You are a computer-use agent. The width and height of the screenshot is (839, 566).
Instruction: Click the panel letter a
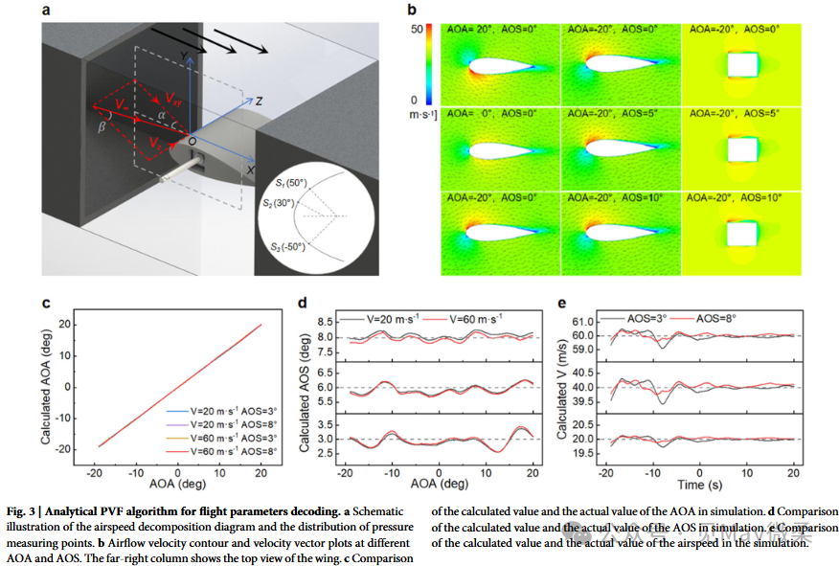point(46,11)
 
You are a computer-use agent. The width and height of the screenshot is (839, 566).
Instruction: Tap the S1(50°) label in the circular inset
point(283,183)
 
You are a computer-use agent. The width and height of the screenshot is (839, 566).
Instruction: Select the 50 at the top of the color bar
point(417,31)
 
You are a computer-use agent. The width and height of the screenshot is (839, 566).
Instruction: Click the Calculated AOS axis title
point(305,387)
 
